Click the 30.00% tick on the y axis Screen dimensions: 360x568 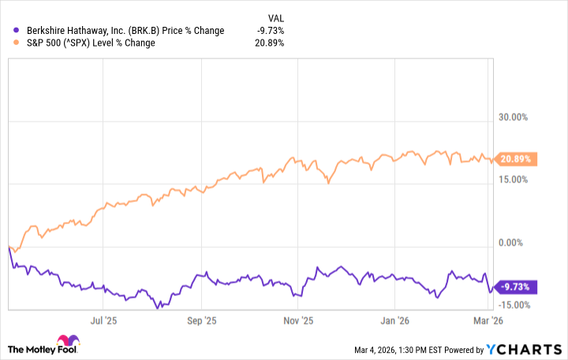(x=514, y=118)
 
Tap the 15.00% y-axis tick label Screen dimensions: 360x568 (x=514, y=179)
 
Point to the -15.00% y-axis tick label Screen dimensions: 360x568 (x=512, y=305)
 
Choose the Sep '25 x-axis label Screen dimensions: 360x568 (x=202, y=321)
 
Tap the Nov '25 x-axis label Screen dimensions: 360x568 (x=297, y=321)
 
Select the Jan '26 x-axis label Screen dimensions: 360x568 (x=394, y=321)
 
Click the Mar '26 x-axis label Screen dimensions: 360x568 (x=488, y=321)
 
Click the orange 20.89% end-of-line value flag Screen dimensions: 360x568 (x=514, y=159)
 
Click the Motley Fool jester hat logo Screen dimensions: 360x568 (x=18, y=347)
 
